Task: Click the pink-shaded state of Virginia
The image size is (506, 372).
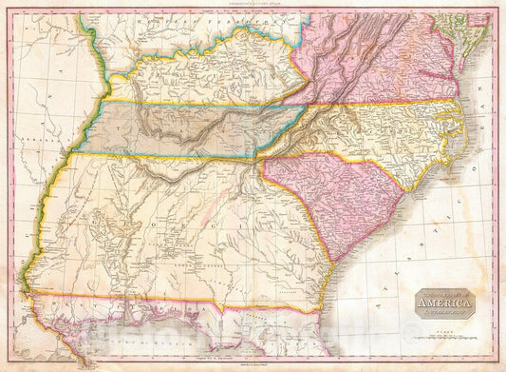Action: (x=380, y=76)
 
